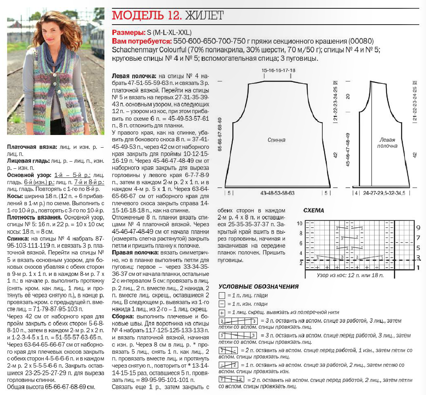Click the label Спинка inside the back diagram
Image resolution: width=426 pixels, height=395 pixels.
276,140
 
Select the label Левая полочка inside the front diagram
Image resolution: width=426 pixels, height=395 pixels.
388,143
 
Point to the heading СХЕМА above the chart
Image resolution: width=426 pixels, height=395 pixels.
314,210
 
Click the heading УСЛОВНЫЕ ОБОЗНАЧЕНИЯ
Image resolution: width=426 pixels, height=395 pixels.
258,287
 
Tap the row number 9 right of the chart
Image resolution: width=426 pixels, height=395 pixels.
418,228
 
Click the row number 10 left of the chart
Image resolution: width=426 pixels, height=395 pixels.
300,224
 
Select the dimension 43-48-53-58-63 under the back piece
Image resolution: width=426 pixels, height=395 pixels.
278,193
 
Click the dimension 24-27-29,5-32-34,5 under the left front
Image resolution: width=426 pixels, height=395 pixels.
387,193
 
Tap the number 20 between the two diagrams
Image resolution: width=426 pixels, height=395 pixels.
348,96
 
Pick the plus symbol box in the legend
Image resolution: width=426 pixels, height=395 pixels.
222,313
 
